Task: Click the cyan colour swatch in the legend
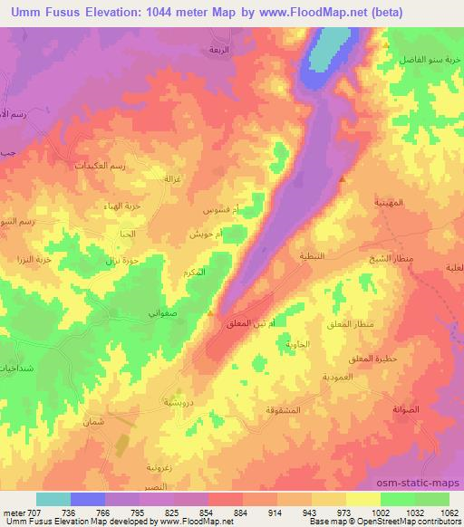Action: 53,499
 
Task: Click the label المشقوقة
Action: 285,411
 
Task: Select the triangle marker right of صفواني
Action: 210,314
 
